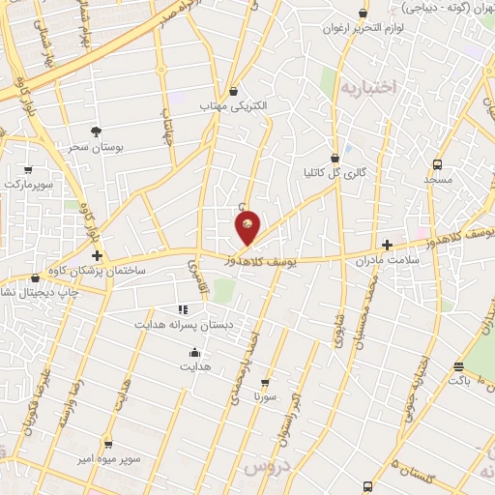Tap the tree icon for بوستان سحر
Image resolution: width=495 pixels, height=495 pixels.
click(96, 131)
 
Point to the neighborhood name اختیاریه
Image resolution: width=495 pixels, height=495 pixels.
click(368, 88)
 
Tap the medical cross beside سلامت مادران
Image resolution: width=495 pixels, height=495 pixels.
click(388, 245)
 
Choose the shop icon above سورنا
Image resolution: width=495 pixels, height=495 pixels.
click(264, 383)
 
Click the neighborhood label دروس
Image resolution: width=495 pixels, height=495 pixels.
click(267, 468)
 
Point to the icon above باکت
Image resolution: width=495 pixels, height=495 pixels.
click(458, 366)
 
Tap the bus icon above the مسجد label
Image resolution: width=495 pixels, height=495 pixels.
click(437, 164)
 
